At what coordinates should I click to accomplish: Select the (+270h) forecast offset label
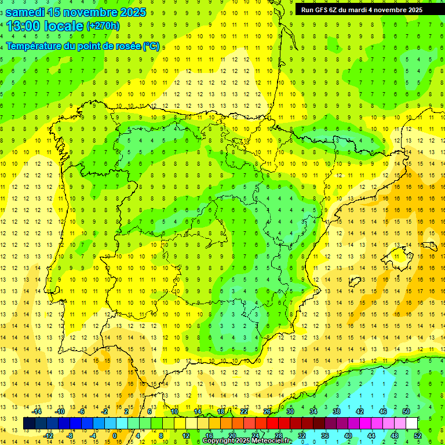[x=103, y=26]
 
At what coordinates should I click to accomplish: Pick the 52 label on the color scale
[x=418, y=436]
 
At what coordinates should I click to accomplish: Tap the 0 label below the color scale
[x=115, y=436]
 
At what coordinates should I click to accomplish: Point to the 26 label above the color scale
[x=267, y=411]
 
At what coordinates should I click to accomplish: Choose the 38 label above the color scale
[x=336, y=411]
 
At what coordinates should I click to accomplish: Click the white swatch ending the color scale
[x=411, y=424]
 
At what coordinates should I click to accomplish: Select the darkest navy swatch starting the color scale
[x=29, y=424]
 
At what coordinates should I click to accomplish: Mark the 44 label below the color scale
[x=371, y=436]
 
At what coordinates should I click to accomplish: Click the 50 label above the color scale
[x=406, y=411]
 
